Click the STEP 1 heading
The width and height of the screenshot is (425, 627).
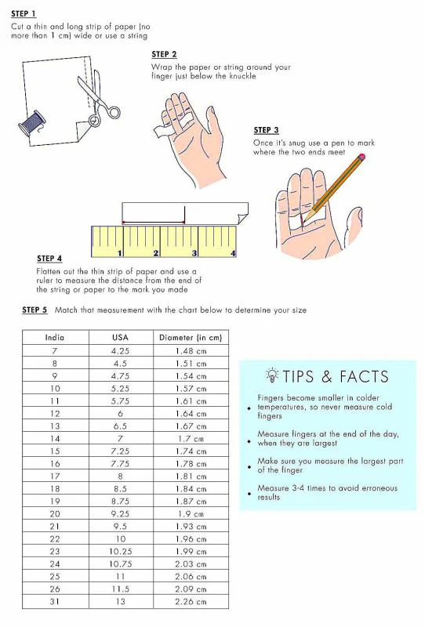(24, 13)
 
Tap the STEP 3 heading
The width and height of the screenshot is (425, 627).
(266, 130)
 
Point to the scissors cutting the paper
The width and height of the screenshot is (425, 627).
(99, 98)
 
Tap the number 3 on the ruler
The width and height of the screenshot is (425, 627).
(194, 253)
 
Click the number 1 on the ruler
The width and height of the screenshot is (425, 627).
(119, 253)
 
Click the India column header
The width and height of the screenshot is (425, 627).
(55, 338)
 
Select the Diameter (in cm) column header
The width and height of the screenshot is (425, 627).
(191, 338)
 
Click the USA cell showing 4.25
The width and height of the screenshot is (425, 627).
(120, 351)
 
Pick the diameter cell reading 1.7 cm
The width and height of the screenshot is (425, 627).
(191, 439)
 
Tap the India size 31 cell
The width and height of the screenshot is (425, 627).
(55, 601)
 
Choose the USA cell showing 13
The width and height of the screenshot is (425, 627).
(120, 601)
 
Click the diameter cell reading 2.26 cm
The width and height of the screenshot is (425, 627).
(191, 601)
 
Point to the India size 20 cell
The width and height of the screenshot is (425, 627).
(55, 514)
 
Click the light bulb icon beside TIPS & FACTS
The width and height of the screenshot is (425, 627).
(272, 375)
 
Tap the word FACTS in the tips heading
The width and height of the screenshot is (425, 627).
(364, 377)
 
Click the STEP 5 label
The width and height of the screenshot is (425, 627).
(35, 310)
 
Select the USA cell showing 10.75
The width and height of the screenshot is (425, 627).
(120, 564)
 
